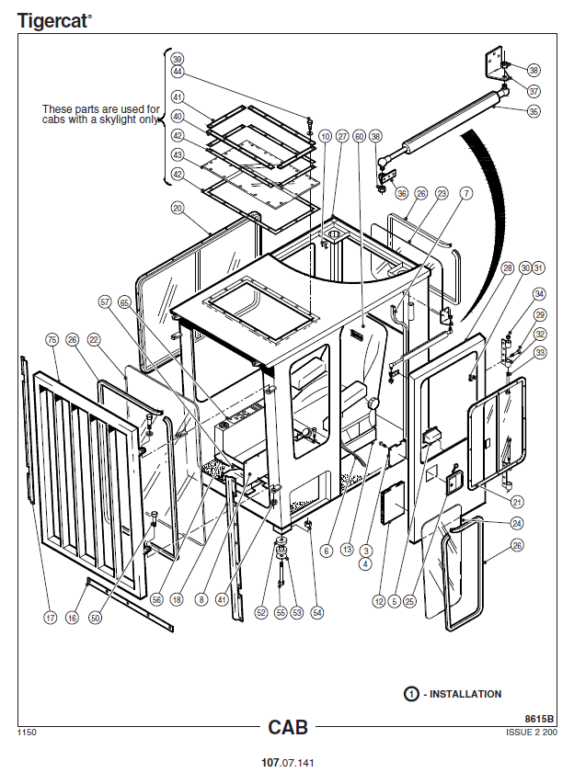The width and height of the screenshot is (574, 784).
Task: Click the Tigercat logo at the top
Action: pos(54,20)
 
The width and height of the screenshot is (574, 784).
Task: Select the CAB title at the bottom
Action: pos(287,727)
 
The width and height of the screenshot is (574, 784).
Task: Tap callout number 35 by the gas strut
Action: pos(534,111)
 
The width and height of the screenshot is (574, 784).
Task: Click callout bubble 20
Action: pos(177,208)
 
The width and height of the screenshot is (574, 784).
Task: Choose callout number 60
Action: pos(359,136)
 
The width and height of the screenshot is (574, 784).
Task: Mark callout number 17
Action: pos(51,619)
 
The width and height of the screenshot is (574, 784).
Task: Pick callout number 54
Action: pos(317,611)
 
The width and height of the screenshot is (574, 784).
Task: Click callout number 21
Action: pos(518,502)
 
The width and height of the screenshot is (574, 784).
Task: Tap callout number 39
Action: pos(177,58)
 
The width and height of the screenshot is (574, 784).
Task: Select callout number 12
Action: pos(378,602)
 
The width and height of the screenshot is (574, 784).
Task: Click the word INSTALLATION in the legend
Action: pos(465,694)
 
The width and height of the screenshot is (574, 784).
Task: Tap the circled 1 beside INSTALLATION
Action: pos(411,694)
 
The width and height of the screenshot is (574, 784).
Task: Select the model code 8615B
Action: pos(540,719)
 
